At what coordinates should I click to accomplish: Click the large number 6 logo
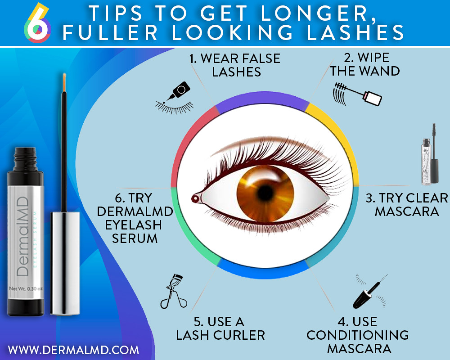point(36,22)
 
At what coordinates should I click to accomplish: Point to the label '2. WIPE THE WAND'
point(365,65)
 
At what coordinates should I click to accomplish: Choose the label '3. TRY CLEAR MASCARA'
point(407,205)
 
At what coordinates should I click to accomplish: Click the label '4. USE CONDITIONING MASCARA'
point(358,335)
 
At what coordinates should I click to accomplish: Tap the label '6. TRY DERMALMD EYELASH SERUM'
point(135,218)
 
